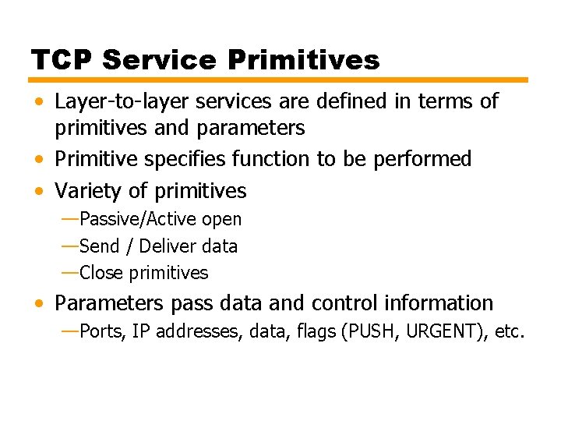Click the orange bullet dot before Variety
pyautogui.click(x=38, y=192)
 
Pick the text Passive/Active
pyautogui.click(x=138, y=220)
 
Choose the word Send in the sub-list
pyautogui.click(x=99, y=246)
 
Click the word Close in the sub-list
pyautogui.click(x=101, y=273)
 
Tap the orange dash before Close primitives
pyautogui.click(x=69, y=273)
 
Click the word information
pyautogui.click(x=442, y=303)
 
